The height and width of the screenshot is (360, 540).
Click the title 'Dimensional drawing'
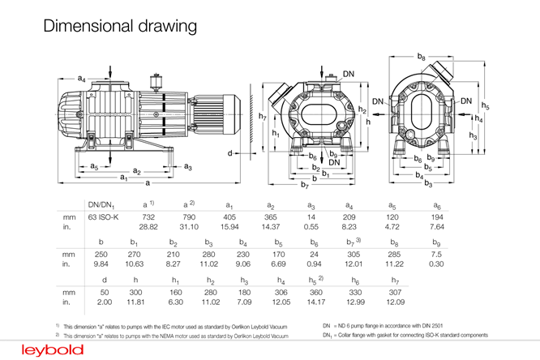120,26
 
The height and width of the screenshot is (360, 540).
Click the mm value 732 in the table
148,218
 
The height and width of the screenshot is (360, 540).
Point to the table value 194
437,218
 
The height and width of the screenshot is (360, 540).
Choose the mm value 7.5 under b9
436,253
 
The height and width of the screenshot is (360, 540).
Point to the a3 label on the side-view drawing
187,166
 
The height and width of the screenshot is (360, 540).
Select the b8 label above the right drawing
421,56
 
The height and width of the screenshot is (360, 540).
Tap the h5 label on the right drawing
485,105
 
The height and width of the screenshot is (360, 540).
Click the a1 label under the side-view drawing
124,177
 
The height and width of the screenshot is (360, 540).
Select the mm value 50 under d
104,289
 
